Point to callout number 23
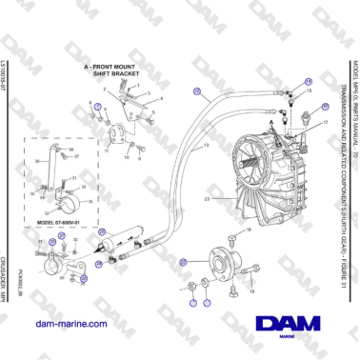207,198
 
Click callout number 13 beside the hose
207,145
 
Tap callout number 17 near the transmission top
325,123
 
